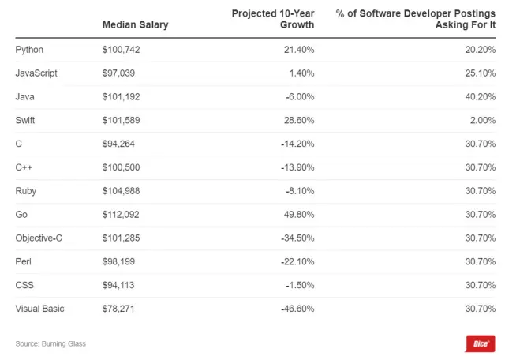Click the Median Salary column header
[135, 24]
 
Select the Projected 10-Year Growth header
[273, 19]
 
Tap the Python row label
[29, 50]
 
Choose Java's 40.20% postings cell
[479, 96]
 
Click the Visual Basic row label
[40, 309]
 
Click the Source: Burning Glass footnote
[50, 343]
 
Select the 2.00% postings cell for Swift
[481, 120]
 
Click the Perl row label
[24, 261]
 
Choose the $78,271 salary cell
[118, 309]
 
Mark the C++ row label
[24, 167]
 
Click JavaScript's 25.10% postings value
[479, 73]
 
